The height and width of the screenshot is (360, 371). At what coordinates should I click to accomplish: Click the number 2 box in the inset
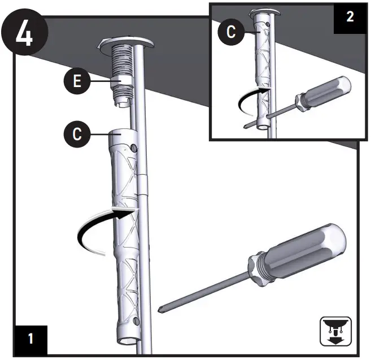[x=350, y=16]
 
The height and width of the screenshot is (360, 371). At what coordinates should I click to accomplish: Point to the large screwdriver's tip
[x=162, y=308]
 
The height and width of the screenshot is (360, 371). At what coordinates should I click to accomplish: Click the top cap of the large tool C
[x=121, y=136]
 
